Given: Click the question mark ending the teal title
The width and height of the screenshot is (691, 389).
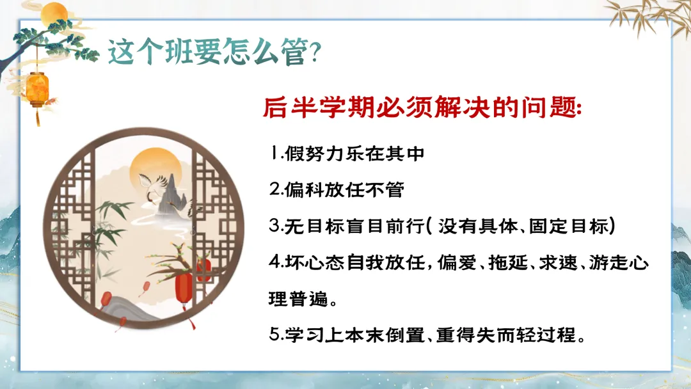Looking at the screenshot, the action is click(x=315, y=52).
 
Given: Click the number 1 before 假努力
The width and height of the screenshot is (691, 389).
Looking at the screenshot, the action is click(x=275, y=154).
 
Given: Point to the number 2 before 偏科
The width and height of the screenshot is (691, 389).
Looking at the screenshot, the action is click(x=275, y=190).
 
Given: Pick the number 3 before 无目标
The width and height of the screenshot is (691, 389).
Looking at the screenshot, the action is click(x=275, y=226).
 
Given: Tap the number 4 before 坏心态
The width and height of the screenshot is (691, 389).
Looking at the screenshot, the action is click(x=275, y=262).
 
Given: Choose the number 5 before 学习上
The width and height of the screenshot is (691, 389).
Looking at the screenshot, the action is click(x=275, y=335).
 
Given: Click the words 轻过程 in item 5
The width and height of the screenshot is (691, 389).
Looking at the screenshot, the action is click(x=546, y=335).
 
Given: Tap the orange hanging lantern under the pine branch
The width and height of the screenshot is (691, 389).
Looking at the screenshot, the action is click(x=38, y=90).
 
